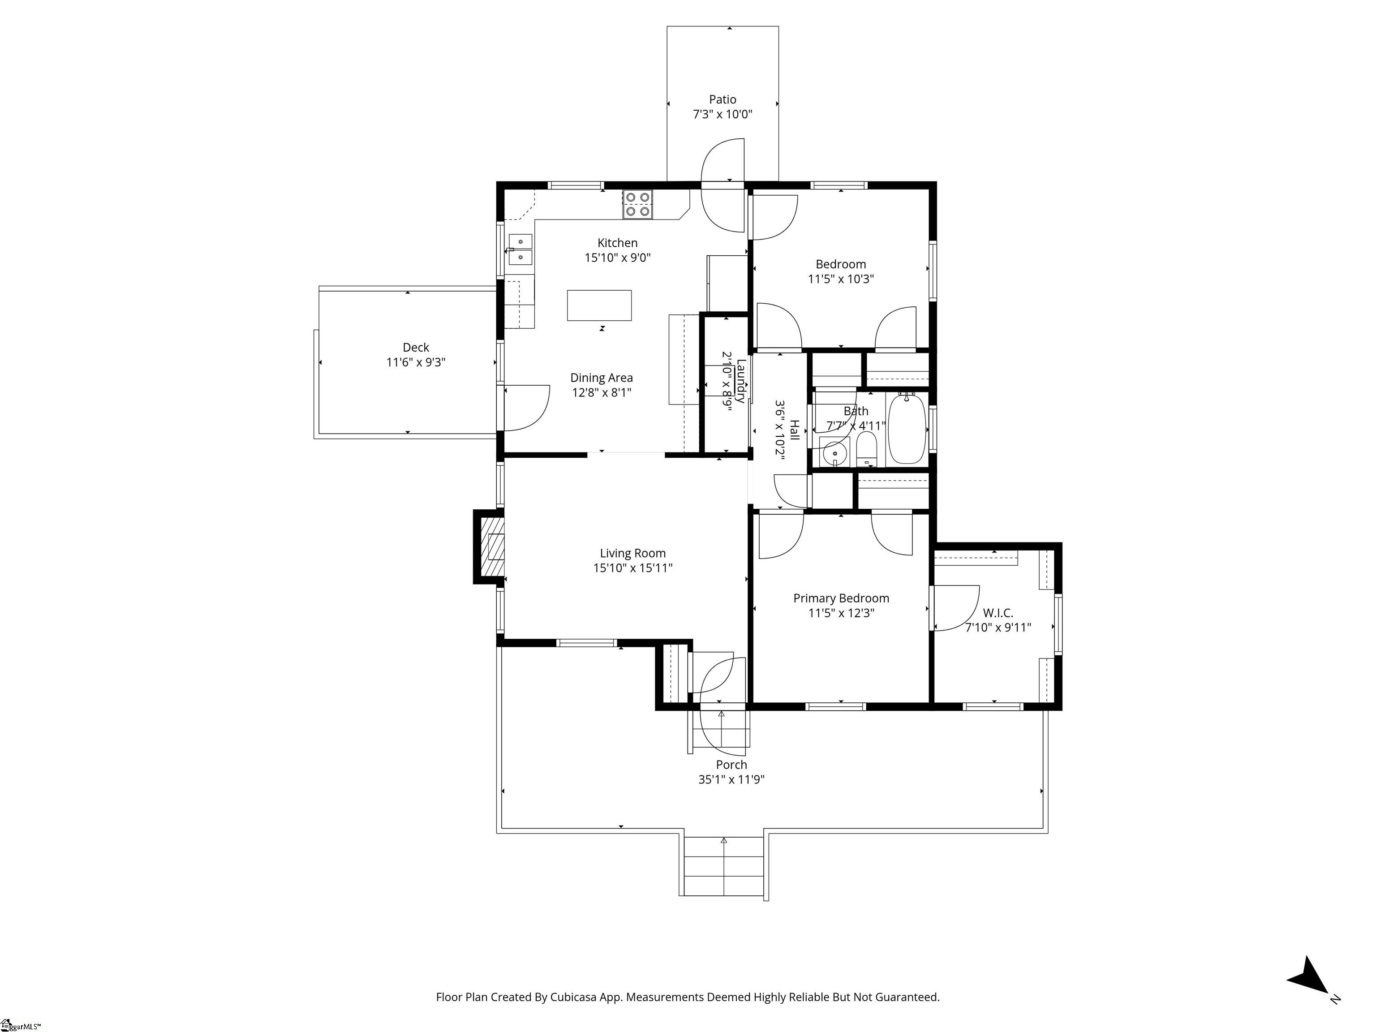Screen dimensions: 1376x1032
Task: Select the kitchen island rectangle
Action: [x=599, y=305]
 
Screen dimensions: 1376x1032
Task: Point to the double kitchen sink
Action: [x=520, y=249]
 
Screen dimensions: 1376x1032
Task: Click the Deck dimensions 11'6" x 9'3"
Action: [x=416, y=362]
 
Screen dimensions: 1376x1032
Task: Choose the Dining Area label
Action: [x=602, y=378]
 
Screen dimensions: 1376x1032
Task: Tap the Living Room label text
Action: [x=632, y=553]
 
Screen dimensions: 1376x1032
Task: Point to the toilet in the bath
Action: [x=866, y=450]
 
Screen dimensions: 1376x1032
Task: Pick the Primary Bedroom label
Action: [x=841, y=598]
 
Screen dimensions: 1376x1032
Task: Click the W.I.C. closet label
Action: [x=998, y=613]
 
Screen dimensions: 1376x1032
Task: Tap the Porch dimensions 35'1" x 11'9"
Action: [x=731, y=779]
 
